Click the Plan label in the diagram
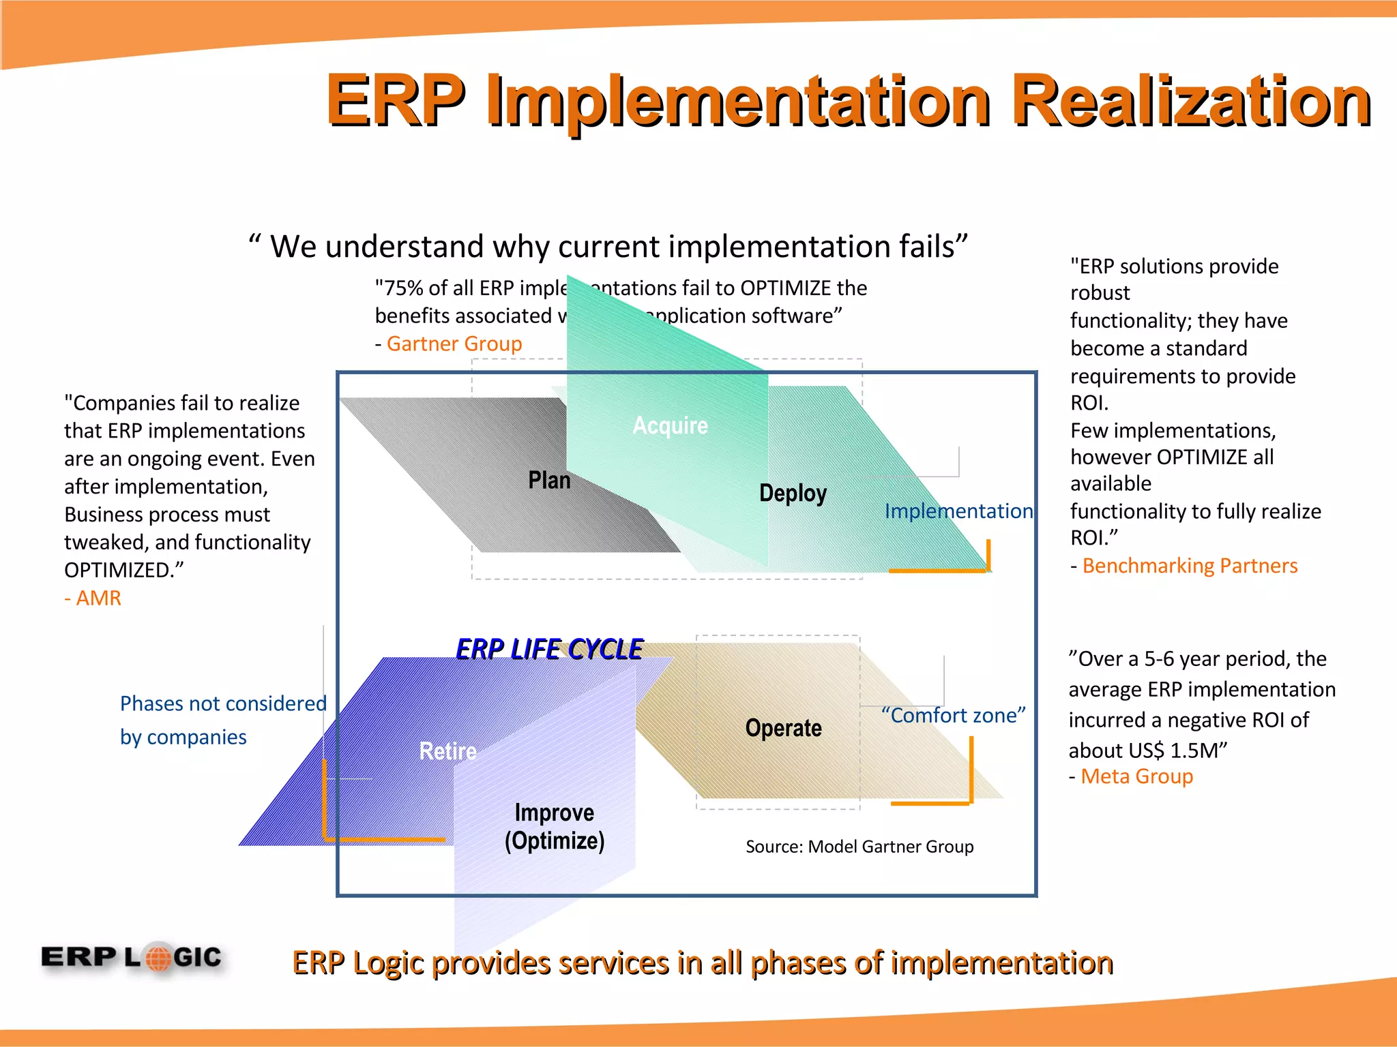(549, 481)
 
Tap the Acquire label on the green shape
(670, 425)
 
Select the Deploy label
(793, 493)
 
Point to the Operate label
(783, 728)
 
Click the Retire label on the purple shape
(447, 751)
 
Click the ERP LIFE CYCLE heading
(549, 649)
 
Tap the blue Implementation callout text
(958, 511)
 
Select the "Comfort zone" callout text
(953, 716)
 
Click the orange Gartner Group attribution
(454, 344)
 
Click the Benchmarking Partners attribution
(1190, 566)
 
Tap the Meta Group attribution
(1136, 776)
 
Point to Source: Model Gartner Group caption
(859, 847)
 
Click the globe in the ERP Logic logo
(158, 958)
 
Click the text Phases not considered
(223, 703)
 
